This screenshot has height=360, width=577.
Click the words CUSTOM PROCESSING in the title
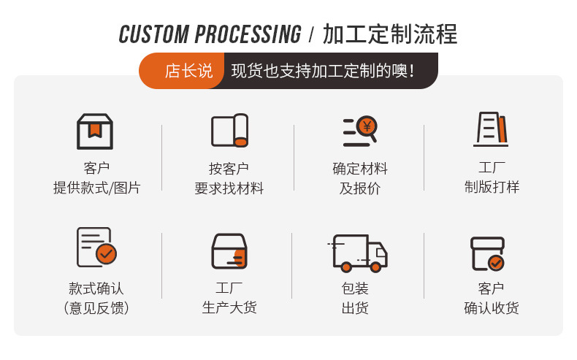210,34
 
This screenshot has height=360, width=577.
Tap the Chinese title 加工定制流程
390,34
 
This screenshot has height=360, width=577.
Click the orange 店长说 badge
188,71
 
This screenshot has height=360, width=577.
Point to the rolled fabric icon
229,131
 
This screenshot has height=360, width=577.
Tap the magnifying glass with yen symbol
360,131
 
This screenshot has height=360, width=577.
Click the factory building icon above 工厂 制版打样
491,130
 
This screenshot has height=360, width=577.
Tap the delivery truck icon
359,253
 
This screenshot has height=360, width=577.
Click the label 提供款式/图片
96,188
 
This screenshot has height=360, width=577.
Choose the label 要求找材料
229,188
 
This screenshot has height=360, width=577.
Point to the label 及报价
360,188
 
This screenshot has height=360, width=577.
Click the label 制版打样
492,187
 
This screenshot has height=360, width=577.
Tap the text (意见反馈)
96,308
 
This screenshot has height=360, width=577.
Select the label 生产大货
229,308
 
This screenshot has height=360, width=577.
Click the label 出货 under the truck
355,308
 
